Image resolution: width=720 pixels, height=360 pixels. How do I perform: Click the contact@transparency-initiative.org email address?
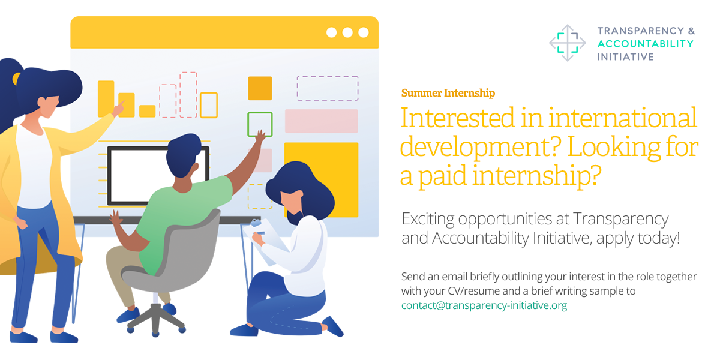484,305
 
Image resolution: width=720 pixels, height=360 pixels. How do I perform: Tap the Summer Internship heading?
448,93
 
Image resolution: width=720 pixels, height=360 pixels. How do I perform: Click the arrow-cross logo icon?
568,43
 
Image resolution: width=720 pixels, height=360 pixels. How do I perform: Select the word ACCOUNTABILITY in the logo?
646,44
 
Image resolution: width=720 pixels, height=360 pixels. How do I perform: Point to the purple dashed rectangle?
328,77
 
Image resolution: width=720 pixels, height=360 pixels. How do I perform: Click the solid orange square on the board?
260,88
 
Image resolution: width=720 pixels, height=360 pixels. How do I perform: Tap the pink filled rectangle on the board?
322,121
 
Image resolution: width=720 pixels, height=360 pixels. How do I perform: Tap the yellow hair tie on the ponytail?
16,79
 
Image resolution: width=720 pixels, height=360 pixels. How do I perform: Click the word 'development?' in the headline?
481,147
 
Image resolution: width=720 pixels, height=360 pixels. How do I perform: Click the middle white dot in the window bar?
347,32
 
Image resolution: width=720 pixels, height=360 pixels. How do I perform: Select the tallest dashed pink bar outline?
188,73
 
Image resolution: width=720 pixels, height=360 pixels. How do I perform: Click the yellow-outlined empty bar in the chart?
209,94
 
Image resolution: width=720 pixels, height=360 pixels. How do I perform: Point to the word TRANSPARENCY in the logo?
641,31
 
